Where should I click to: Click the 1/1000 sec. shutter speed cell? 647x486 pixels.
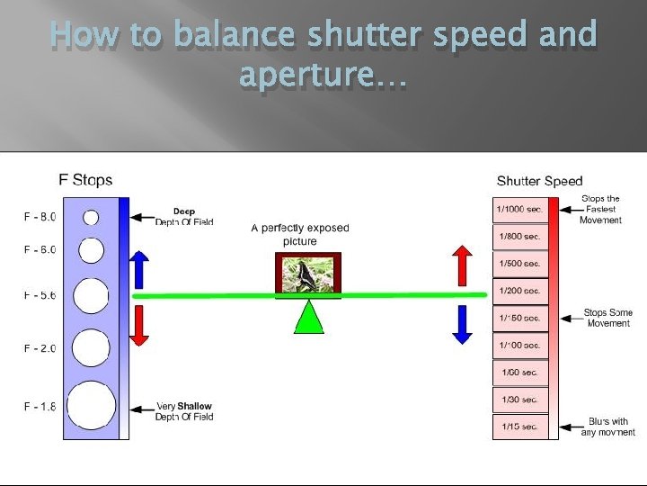pos(520,210)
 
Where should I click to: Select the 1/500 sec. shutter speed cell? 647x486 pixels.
pos(520,264)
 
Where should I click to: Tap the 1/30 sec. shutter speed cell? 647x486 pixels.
pos(520,399)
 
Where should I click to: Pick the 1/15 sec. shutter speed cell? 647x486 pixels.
pos(520,426)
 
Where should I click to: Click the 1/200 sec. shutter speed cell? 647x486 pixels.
pos(520,291)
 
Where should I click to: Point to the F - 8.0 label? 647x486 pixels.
pos(40,216)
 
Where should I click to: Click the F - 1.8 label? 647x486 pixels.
pos(40,407)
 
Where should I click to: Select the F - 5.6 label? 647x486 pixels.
pos(40,295)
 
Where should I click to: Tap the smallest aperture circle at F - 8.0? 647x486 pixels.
pos(91,216)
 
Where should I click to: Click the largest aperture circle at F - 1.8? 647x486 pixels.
pos(91,406)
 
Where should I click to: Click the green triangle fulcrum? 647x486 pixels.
pos(308,317)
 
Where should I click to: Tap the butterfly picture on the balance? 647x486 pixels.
pos(308,274)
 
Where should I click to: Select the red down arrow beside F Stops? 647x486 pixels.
pos(137,325)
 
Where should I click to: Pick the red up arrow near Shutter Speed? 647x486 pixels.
pos(462,264)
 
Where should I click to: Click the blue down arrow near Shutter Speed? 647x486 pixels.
pos(462,324)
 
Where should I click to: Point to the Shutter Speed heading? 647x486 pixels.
pos(539,181)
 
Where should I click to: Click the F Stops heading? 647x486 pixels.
pos(85,180)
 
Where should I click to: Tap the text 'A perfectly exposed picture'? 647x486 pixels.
pos(299,234)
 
